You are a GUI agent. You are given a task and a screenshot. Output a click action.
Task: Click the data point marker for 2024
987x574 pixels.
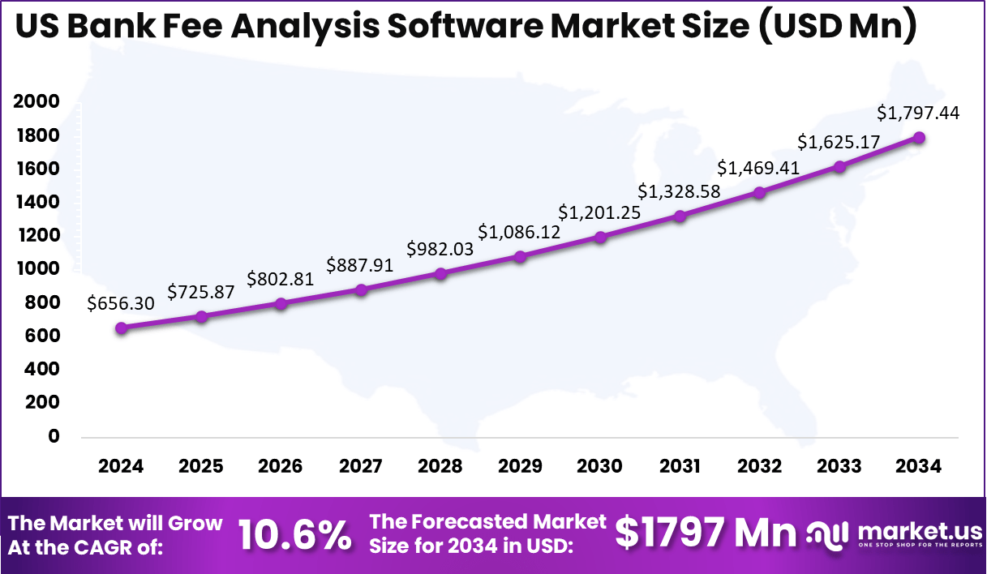pyautogui.click(x=121, y=328)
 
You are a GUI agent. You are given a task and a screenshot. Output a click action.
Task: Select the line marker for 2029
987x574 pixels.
pyautogui.click(x=521, y=256)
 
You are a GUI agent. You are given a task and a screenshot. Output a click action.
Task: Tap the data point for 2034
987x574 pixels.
pyautogui.click(x=920, y=137)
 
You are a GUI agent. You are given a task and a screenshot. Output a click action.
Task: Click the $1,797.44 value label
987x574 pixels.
pyautogui.click(x=919, y=113)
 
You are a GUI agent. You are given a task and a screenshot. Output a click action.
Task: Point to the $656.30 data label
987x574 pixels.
pyautogui.click(x=121, y=303)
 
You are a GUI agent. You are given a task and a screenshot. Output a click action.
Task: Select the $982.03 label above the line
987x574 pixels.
pyautogui.click(x=440, y=249)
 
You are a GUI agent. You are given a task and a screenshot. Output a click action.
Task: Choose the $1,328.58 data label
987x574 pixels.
pyautogui.click(x=679, y=191)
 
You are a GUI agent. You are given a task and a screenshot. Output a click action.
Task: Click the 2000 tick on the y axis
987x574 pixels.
pyautogui.click(x=36, y=101)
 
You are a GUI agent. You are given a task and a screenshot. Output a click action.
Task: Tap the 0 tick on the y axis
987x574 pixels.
pyautogui.click(x=54, y=435)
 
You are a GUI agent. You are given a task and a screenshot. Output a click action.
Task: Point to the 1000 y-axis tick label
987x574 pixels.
pyautogui.click(x=36, y=268)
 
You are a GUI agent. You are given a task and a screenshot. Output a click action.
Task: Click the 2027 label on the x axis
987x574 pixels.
pyautogui.click(x=360, y=466)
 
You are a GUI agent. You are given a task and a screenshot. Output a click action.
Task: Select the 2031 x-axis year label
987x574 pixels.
pyautogui.click(x=680, y=466)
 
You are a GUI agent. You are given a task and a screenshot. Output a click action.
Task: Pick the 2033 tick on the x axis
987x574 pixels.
pyautogui.click(x=839, y=466)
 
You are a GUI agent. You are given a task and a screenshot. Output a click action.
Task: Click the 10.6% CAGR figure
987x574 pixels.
pyautogui.click(x=294, y=535)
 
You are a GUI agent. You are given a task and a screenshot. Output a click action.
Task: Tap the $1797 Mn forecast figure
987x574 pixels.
pyautogui.click(x=705, y=533)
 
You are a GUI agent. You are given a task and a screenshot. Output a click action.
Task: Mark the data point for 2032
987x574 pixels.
pyautogui.click(x=759, y=192)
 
